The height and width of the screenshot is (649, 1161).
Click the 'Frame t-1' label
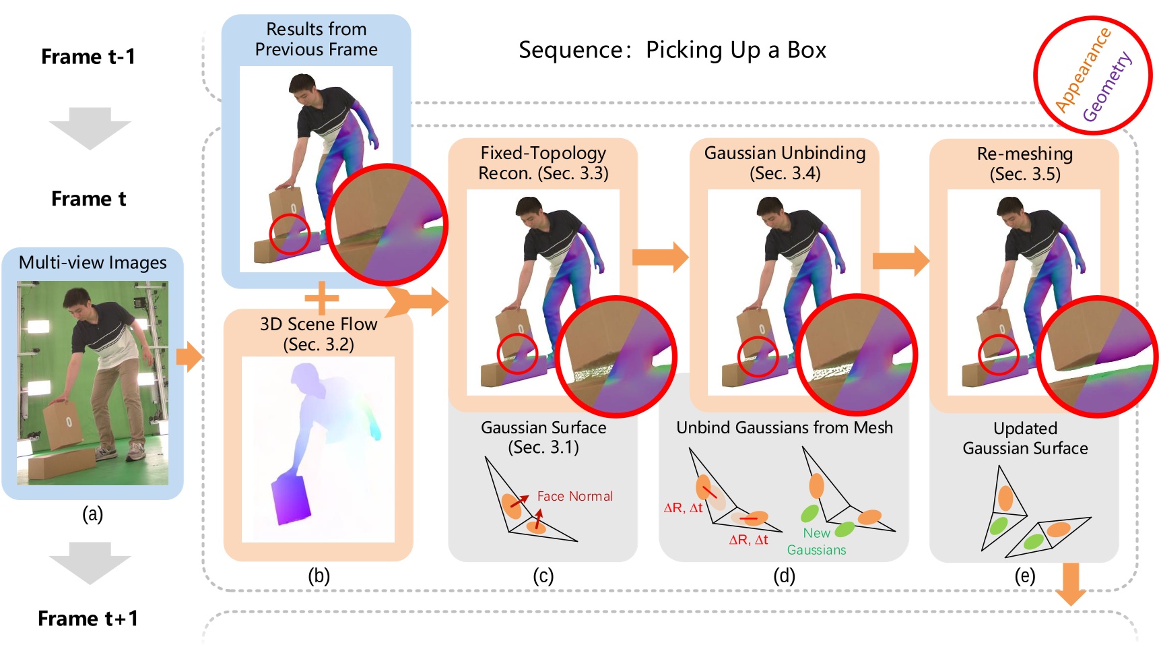88,57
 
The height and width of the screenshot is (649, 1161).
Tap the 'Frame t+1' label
88,618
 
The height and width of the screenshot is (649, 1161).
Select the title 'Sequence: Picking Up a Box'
671,51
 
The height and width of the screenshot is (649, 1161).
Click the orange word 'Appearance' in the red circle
1082,69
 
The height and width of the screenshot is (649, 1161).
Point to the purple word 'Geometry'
1107,87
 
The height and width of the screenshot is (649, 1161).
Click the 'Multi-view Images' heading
92,263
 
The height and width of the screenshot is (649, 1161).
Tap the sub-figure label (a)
92,514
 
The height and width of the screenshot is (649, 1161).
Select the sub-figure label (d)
784,576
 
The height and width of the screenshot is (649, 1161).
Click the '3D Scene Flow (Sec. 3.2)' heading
318,334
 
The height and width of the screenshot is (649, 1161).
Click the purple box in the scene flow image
291,499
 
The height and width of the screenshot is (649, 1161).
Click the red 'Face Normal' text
574,497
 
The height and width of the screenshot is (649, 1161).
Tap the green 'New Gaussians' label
816,541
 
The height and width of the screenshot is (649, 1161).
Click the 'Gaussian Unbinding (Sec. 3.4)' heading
785,163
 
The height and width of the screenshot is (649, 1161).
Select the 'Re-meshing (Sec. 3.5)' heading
1024,164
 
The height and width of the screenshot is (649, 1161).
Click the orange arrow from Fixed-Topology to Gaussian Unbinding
659,257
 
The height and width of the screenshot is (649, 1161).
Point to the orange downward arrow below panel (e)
1069,583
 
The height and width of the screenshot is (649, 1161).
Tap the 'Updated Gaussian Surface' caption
1024,438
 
